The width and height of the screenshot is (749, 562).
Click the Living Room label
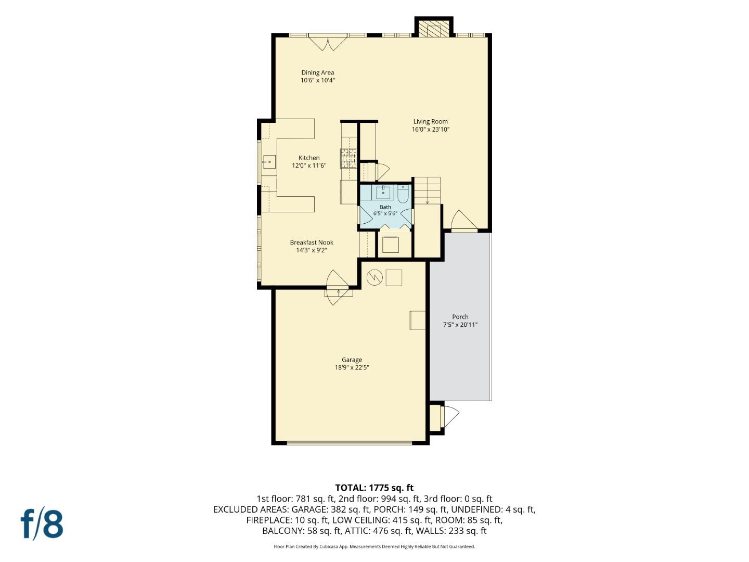(430, 121)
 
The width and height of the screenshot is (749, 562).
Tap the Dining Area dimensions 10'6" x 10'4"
(318, 81)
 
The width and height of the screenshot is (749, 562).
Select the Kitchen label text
(309, 158)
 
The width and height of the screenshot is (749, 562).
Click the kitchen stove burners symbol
(348, 158)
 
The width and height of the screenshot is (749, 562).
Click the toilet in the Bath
(403, 194)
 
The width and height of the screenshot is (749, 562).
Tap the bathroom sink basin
(383, 193)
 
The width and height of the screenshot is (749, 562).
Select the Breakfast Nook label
(312, 242)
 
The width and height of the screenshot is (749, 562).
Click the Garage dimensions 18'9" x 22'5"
(352, 367)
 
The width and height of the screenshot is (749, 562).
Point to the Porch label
(460, 317)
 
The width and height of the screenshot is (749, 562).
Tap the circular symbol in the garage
(374, 277)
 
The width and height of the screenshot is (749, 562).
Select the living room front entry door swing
(463, 220)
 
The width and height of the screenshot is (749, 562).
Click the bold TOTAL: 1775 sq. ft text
(374, 488)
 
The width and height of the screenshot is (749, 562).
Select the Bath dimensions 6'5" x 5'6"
(385, 213)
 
